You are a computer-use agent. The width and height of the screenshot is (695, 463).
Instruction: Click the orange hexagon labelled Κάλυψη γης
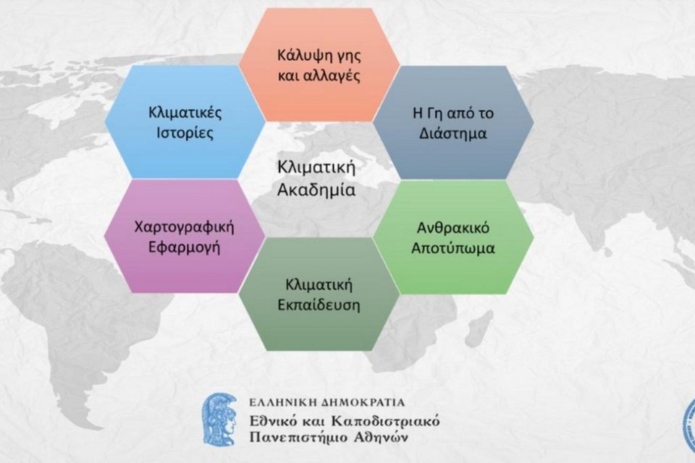point(319,64)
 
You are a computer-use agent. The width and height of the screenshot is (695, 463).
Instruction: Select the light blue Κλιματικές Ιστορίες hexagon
point(185,122)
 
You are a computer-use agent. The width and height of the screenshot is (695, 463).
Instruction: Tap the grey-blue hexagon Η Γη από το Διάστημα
point(453,122)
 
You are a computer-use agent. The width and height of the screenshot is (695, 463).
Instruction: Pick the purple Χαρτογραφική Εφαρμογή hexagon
point(185,236)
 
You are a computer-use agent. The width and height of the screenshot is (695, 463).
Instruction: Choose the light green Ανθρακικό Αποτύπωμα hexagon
point(453,237)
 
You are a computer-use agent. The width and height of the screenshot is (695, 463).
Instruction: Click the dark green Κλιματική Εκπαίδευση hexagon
point(319,294)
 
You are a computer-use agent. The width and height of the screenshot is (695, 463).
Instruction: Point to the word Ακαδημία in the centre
point(316,190)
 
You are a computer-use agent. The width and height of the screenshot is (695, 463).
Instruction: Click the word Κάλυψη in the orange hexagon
point(300,56)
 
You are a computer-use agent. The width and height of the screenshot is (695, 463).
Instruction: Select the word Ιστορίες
point(185,133)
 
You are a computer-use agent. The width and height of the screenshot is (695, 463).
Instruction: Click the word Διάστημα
point(453,133)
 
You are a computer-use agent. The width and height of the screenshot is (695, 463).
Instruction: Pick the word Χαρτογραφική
point(185,227)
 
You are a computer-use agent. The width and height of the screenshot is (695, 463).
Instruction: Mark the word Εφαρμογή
point(185,247)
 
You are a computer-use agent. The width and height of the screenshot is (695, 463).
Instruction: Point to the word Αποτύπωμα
point(453,248)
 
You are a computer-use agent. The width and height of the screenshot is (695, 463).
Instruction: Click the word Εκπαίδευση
point(319,305)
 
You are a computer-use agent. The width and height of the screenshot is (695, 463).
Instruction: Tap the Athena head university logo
point(220,419)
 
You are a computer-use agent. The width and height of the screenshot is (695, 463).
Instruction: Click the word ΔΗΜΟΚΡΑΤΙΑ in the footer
point(363,403)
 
